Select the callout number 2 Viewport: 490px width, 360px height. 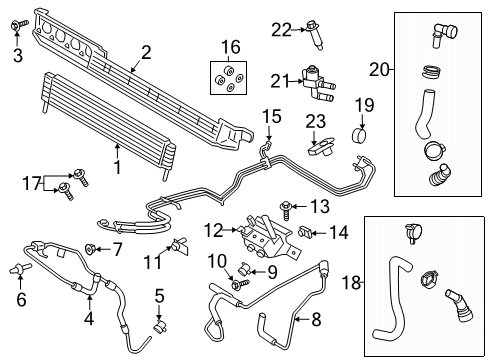point(146,52)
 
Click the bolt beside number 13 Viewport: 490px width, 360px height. point(287,207)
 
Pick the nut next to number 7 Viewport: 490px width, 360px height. point(92,247)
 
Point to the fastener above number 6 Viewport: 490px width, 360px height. point(20,267)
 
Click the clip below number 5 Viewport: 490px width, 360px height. point(159,325)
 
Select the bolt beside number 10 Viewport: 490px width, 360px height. point(237,286)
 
